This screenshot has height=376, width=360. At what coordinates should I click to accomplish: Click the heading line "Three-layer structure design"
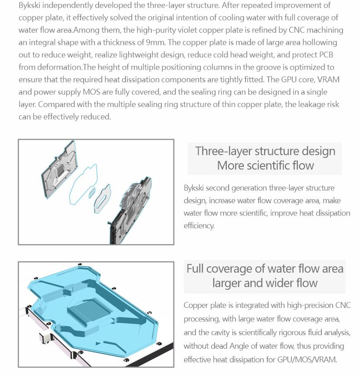pos(265,151)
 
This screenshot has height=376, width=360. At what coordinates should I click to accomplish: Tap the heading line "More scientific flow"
pos(265,165)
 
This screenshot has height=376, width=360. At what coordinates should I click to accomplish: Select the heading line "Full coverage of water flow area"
pos(265,268)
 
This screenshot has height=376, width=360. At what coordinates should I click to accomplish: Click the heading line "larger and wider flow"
pos(265,283)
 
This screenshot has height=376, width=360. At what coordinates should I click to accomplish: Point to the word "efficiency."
pos(199,226)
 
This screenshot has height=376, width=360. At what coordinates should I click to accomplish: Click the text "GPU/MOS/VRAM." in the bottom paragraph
pos(307,359)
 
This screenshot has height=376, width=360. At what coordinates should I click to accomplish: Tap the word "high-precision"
pos(310,305)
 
